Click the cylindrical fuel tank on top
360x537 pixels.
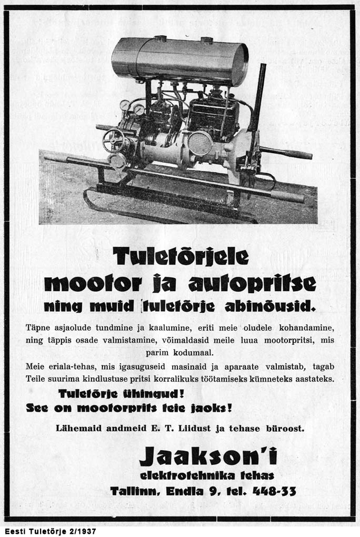(x=179, y=59)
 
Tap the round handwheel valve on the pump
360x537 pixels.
(x=113, y=140)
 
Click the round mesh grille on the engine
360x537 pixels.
(x=200, y=143)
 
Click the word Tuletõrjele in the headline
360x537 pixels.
(x=181, y=257)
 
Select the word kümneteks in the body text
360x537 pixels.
(x=283, y=379)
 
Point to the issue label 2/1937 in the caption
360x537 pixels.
(x=81, y=531)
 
